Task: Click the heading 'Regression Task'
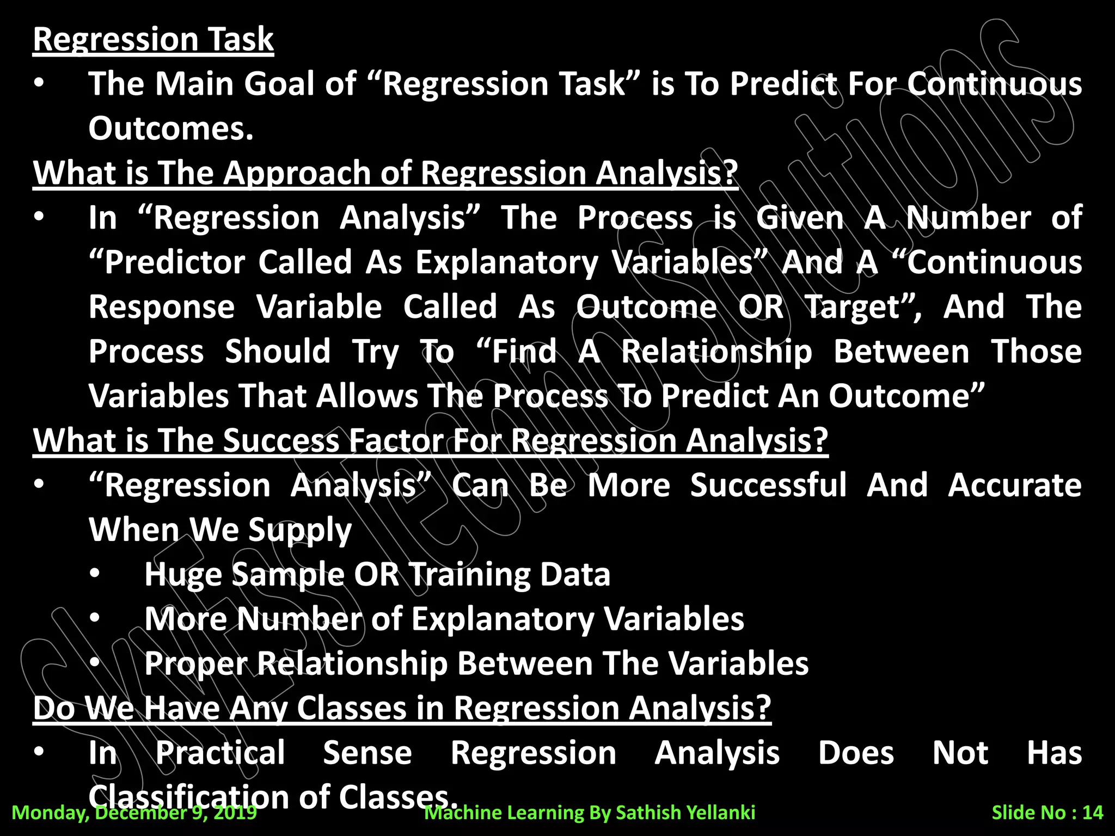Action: [153, 39]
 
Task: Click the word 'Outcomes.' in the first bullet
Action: [171, 128]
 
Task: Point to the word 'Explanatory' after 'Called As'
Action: [507, 262]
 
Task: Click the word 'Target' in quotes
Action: [853, 307]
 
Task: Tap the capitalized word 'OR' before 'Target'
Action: [761, 307]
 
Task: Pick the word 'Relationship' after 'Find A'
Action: [716, 352]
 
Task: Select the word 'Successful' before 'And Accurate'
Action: [768, 485]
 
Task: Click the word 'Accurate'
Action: [1015, 485]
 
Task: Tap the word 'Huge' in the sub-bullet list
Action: [183, 575]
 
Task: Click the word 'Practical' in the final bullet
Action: [220, 753]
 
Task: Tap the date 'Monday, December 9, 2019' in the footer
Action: [134, 813]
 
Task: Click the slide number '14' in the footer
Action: [1092, 813]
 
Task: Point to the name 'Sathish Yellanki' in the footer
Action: [685, 813]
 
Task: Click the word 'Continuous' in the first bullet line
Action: [994, 84]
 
